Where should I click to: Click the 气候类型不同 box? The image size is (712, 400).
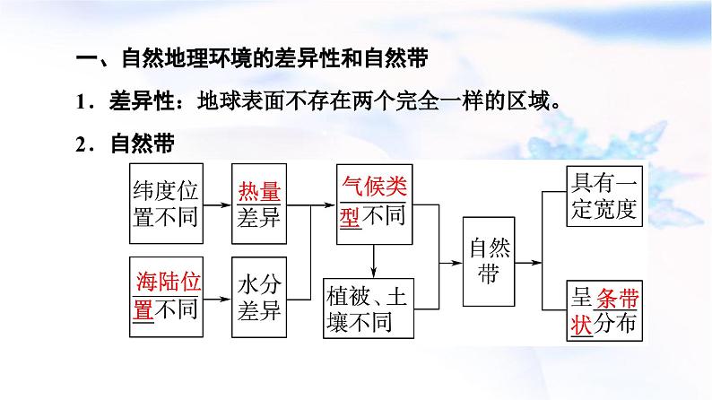click(374, 204)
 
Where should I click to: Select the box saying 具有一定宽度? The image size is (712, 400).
click(604, 197)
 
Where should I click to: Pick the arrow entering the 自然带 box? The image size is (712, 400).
click(448, 262)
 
